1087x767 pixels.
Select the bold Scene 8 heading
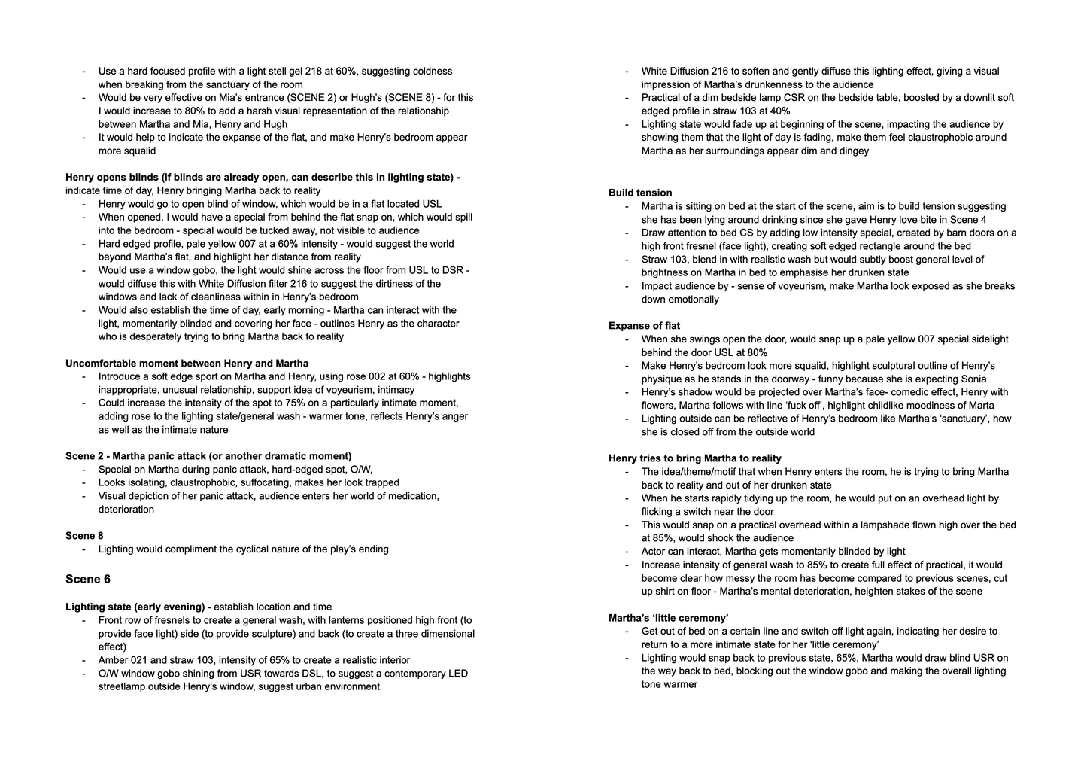pos(84,536)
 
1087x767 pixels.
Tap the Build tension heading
pos(640,193)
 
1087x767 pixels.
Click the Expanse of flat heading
pos(644,326)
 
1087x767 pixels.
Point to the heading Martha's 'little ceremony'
pos(668,618)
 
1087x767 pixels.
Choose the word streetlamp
pos(125,686)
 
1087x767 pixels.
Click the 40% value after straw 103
pos(779,111)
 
